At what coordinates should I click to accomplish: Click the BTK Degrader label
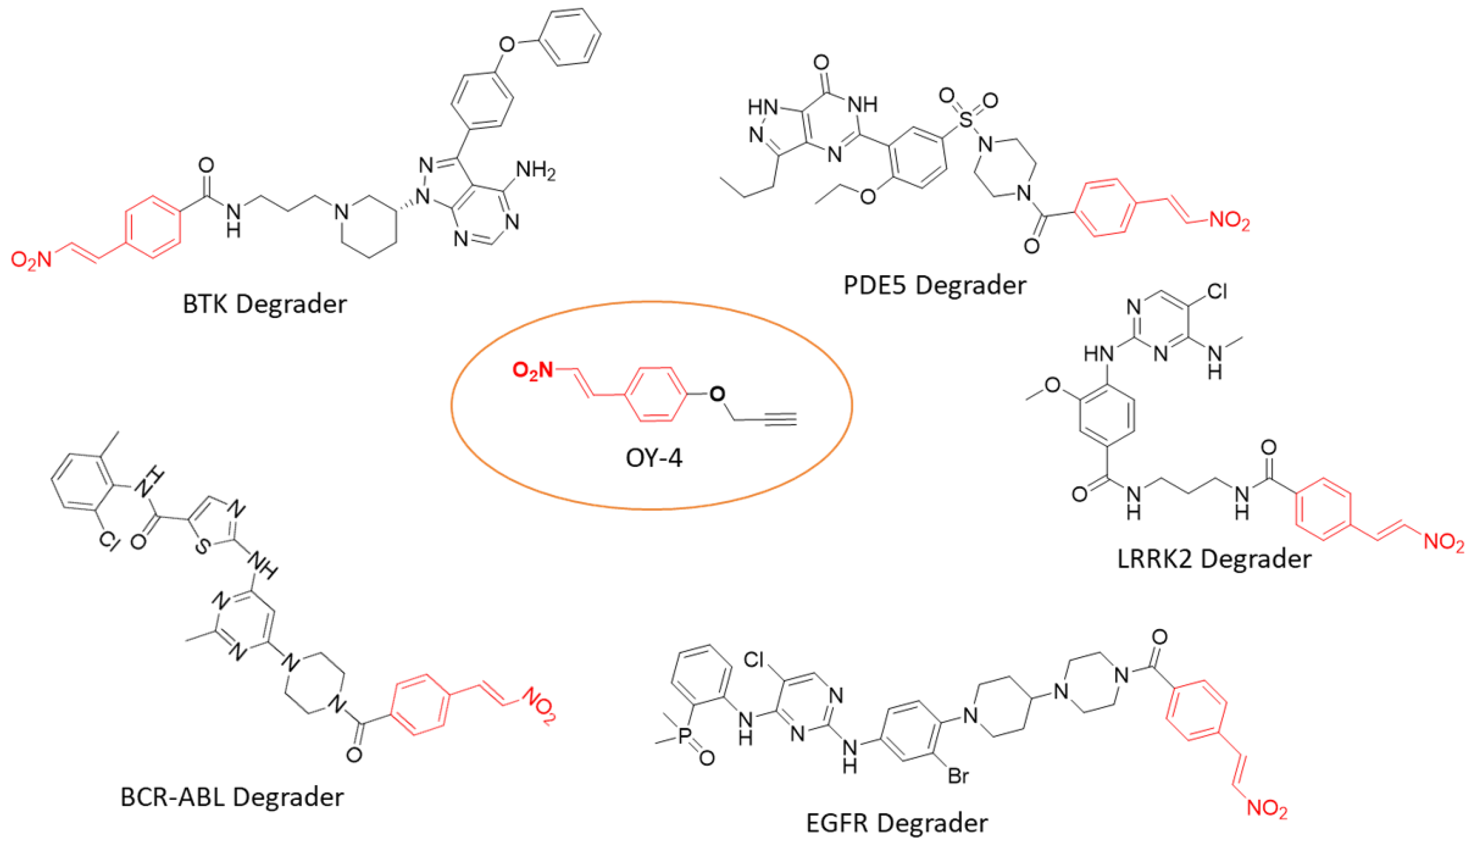(265, 304)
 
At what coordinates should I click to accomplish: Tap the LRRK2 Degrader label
(1213, 559)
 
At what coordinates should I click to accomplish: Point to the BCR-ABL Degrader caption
(232, 797)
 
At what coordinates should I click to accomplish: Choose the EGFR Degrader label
(897, 823)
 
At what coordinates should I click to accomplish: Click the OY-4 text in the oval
(654, 458)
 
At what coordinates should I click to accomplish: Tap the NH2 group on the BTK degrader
(535, 171)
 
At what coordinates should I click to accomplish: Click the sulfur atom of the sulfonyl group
(966, 120)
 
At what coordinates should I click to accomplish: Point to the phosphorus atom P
(685, 735)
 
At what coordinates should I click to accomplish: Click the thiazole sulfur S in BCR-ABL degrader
(201, 546)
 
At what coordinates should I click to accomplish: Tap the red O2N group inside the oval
(532, 370)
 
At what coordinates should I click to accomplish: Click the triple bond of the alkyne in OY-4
(780, 419)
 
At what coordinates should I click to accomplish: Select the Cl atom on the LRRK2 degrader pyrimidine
(1217, 291)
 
